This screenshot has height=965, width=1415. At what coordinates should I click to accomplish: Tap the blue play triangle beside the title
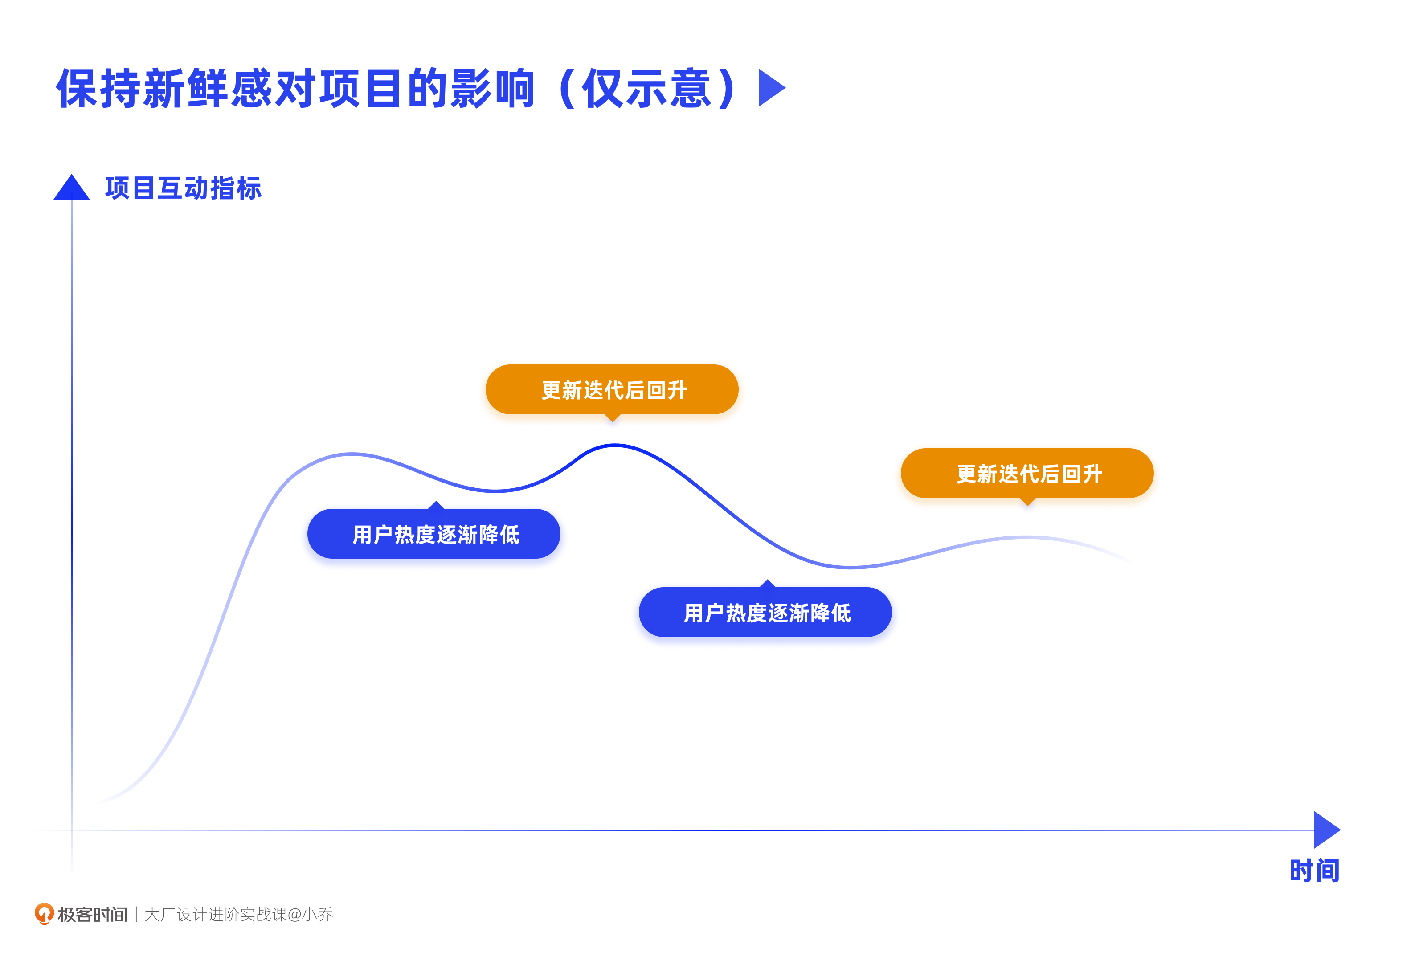click(770, 88)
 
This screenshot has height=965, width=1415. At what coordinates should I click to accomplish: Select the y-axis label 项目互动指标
click(183, 188)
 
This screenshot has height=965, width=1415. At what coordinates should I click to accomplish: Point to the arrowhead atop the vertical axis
click(72, 188)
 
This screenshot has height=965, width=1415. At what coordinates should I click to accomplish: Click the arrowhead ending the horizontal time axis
click(1325, 830)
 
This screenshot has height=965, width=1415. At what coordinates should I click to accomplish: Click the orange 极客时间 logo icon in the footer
click(44, 913)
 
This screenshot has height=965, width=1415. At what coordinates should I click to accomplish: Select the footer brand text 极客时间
click(93, 915)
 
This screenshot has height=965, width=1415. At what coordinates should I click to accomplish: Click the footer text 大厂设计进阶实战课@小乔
click(239, 915)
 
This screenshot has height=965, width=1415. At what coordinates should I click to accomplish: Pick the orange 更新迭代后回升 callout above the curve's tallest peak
click(612, 390)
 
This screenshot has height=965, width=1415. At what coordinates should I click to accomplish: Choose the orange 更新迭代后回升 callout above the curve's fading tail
click(1027, 473)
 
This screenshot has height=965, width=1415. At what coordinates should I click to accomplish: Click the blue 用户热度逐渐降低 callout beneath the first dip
click(434, 534)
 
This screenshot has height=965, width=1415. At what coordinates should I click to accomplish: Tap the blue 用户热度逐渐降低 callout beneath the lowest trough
click(765, 613)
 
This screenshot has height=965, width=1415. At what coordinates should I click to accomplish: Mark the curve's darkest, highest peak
click(614, 446)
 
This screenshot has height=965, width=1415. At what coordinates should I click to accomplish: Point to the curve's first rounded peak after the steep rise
click(352, 454)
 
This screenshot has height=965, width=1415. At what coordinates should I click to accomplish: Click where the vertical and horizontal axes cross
click(73, 830)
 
